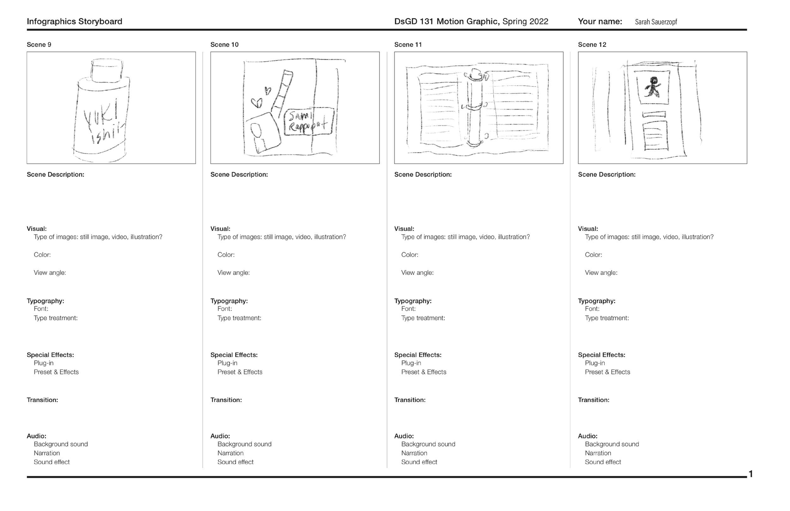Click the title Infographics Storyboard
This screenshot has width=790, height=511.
click(74, 21)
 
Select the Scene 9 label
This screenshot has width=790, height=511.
click(39, 45)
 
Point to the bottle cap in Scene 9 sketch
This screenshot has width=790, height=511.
click(107, 70)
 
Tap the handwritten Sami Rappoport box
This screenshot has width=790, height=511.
click(309, 122)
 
